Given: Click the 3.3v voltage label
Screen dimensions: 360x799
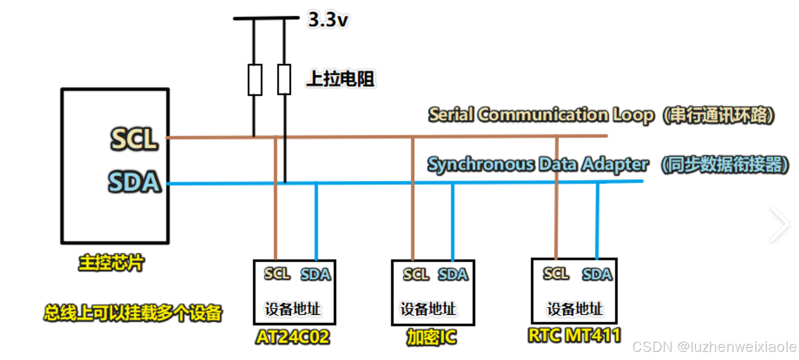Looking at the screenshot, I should [x=329, y=21].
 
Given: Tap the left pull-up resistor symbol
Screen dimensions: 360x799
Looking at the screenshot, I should [x=255, y=79].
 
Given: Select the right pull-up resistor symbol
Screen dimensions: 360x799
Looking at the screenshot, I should [x=284, y=79].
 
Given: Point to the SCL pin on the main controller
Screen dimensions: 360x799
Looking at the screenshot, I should [x=134, y=139].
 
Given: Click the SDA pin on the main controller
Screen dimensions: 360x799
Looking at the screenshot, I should [x=134, y=182].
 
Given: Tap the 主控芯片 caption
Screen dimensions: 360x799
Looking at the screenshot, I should [x=111, y=264].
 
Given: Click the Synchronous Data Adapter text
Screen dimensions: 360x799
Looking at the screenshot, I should [x=538, y=165].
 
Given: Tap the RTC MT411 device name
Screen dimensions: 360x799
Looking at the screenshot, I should [x=574, y=335].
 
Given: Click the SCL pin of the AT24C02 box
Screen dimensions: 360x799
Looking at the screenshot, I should [x=277, y=274].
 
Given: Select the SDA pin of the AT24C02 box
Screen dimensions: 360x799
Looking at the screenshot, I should [x=315, y=274].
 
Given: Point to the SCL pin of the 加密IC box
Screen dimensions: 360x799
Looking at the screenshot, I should [x=415, y=274].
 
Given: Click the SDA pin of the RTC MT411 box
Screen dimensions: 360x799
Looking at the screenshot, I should [x=597, y=274].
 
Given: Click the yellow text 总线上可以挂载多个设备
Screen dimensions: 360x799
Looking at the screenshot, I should [x=133, y=314].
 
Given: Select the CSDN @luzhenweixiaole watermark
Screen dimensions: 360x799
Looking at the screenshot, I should [x=714, y=347].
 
